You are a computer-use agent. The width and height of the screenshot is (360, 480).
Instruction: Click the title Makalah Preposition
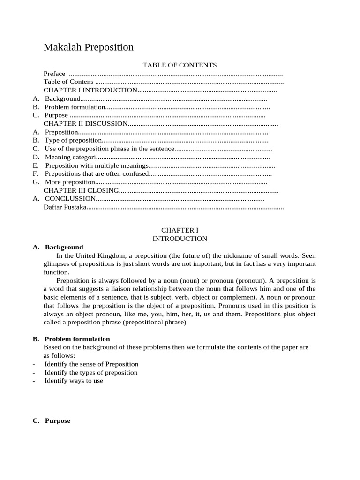tap(89, 47)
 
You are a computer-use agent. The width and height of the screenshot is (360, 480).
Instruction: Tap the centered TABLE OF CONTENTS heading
tap(180, 65)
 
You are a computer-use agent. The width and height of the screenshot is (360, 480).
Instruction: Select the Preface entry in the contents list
tap(54, 74)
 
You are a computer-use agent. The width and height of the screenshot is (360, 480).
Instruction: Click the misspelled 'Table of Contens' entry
tap(68, 82)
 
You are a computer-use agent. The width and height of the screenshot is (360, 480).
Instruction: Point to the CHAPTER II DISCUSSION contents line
tap(86, 124)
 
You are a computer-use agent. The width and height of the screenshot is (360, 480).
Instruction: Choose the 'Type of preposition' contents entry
tap(73, 140)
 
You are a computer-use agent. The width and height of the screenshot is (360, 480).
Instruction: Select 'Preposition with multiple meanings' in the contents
tap(97, 165)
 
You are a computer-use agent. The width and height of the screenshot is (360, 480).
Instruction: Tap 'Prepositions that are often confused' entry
tap(97, 174)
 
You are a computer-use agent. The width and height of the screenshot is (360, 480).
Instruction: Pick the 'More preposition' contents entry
tap(70, 182)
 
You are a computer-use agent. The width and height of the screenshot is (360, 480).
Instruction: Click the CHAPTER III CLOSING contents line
tap(82, 191)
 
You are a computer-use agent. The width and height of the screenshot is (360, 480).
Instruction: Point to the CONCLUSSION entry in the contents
tap(70, 199)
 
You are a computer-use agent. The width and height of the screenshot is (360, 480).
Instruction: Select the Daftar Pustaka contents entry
tap(65, 207)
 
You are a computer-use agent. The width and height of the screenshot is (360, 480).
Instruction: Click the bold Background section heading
tap(64, 247)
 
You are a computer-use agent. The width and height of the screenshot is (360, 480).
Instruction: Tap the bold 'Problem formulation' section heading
tap(77, 339)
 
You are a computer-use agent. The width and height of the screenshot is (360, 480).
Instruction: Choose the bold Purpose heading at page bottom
tap(57, 420)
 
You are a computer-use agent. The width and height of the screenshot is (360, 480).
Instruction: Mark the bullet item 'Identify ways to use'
tap(74, 381)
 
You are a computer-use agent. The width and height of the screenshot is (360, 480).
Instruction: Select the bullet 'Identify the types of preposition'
tap(91, 373)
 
